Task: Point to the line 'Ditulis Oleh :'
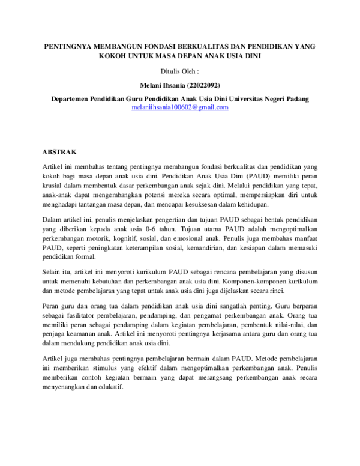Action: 181,71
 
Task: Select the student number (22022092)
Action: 203,85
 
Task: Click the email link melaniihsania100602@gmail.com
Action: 180,107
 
